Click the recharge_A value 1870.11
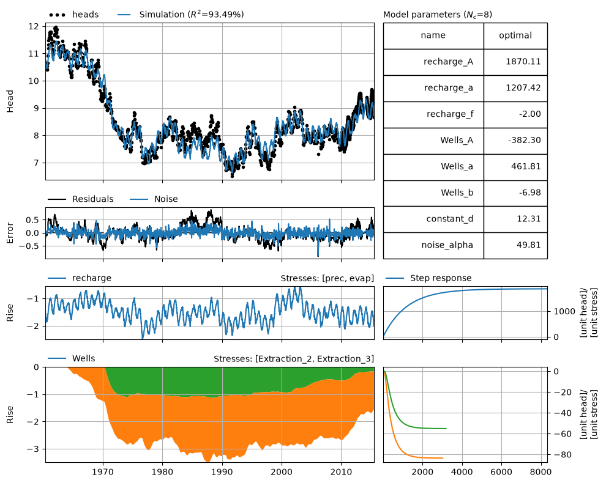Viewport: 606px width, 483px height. click(x=523, y=62)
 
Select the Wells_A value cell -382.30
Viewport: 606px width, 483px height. click(x=515, y=141)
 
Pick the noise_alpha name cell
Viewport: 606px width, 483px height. click(x=433, y=245)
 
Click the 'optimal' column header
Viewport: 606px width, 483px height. click(x=515, y=35)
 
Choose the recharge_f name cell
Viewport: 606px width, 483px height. click(x=433, y=114)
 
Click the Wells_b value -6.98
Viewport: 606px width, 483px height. click(x=529, y=193)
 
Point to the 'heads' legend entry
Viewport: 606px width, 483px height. click(x=74, y=15)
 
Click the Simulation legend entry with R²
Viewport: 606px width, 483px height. click(x=181, y=15)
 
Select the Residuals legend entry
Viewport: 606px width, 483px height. click(x=81, y=199)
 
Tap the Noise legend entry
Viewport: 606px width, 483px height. click(x=154, y=199)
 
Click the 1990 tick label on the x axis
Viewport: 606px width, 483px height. click(x=222, y=472)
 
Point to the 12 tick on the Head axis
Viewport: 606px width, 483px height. click(x=34, y=26)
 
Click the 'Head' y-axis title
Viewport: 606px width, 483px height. click(x=10, y=101)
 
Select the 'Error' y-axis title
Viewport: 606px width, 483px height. click(x=10, y=233)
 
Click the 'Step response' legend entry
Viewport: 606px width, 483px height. click(x=428, y=278)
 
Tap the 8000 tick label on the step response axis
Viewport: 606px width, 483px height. click(x=541, y=472)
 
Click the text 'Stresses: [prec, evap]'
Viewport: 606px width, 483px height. click(x=327, y=278)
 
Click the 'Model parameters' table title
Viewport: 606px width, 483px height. click(x=438, y=15)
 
